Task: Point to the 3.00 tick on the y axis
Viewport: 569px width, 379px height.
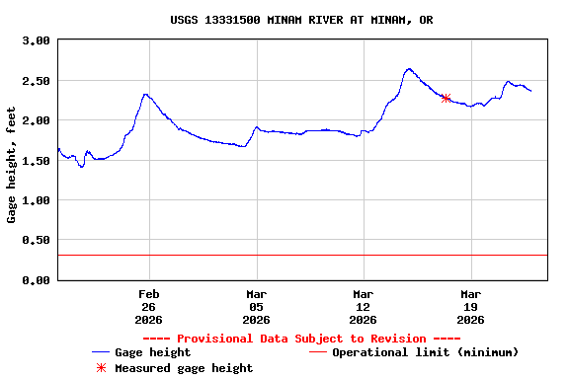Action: [x=36, y=40]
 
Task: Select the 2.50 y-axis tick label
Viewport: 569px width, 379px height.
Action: [x=36, y=81]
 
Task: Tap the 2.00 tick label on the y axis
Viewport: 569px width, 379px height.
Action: [x=36, y=120]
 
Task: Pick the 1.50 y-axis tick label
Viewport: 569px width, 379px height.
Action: [x=36, y=161]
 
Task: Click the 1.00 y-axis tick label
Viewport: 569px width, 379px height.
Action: [x=36, y=200]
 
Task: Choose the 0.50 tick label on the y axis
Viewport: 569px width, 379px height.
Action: [x=36, y=241]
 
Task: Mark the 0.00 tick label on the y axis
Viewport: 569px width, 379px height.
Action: [x=36, y=280]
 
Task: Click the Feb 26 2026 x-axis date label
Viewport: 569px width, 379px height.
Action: [x=149, y=306]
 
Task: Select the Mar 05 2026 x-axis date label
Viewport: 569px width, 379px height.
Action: [x=257, y=306]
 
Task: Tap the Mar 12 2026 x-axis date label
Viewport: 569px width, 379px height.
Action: [x=364, y=306]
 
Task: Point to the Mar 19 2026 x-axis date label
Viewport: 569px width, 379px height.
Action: [x=471, y=306]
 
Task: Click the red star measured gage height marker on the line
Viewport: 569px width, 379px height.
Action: [x=446, y=98]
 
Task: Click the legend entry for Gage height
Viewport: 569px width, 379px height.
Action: [x=152, y=352]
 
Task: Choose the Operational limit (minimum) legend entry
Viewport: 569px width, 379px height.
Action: [x=425, y=352]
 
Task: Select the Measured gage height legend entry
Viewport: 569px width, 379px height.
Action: [x=184, y=368]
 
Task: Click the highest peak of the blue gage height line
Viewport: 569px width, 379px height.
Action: [x=409, y=69]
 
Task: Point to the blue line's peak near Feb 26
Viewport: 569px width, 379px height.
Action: [x=145, y=95]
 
